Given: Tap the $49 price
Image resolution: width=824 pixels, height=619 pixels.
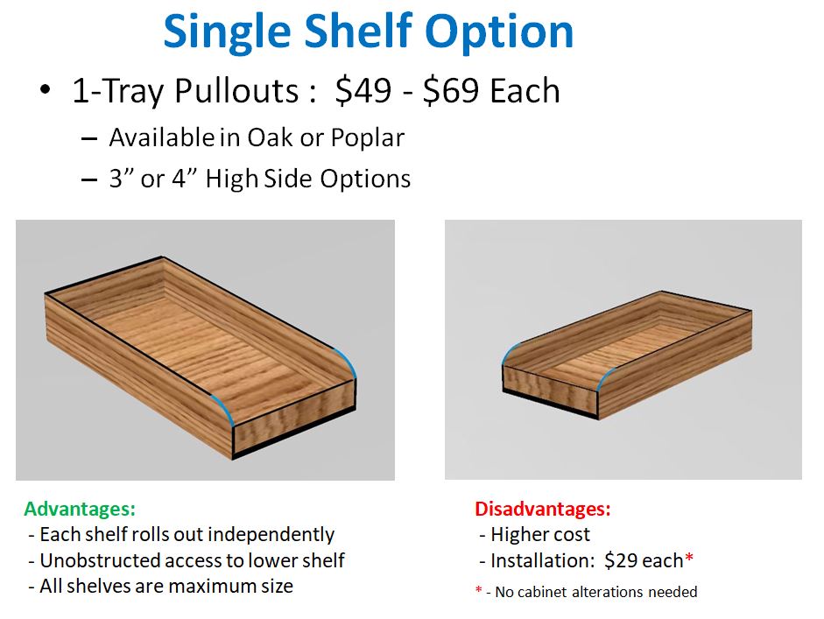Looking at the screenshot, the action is [363, 90].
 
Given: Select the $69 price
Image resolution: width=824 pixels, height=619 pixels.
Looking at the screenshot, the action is [451, 90].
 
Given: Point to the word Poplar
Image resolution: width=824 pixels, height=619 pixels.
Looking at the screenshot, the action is [367, 138].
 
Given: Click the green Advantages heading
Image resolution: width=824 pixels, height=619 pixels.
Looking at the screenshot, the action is [80, 510].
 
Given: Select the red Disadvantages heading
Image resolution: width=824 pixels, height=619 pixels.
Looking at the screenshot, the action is [543, 510].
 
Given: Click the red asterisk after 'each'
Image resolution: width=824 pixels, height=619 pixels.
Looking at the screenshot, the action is [689, 557].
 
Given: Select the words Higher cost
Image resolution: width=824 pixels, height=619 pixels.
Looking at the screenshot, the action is [539, 535].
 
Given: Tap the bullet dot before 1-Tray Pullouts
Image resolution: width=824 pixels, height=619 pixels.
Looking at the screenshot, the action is [46, 89].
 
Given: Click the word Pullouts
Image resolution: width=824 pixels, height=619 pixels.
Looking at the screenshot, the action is [237, 90].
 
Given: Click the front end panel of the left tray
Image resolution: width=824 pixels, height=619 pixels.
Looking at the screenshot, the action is [294, 418].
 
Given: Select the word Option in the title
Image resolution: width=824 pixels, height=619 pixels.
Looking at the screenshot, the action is [499, 32].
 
